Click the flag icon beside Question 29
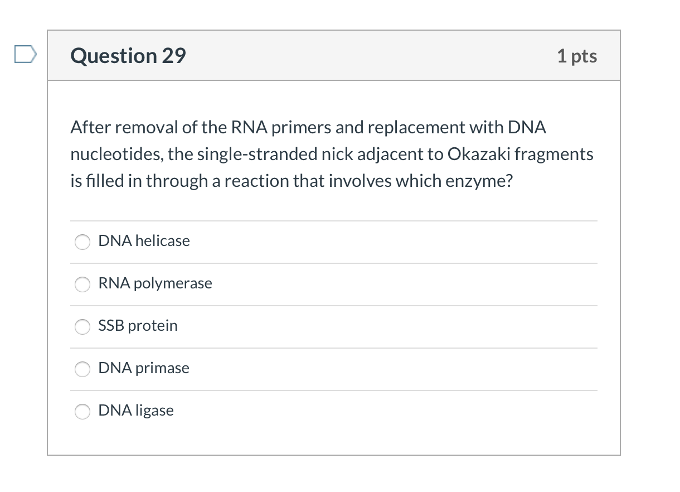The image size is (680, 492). (x=25, y=55)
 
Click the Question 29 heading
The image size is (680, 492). (x=128, y=56)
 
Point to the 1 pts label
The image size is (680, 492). (x=577, y=56)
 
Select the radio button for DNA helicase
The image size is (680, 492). (x=82, y=242)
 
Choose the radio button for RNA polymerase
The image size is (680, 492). (x=82, y=284)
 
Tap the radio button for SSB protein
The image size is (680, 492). (x=82, y=326)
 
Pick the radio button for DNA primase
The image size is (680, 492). (x=82, y=369)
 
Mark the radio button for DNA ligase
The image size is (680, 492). (x=82, y=411)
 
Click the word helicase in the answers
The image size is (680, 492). (x=162, y=241)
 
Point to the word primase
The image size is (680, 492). (x=162, y=368)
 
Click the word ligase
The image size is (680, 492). (x=154, y=411)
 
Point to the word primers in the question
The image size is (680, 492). (x=298, y=128)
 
